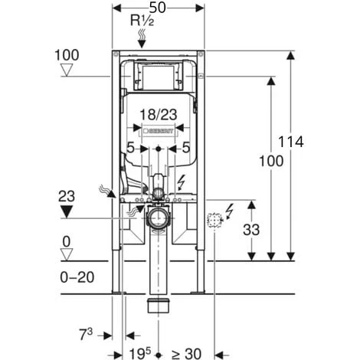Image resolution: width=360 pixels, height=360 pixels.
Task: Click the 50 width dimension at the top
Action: [158, 8]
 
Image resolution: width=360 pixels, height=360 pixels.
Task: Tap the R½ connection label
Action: [142, 21]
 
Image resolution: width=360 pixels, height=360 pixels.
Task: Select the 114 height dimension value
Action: [291, 142]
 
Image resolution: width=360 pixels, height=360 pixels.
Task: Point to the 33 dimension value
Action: [251, 230]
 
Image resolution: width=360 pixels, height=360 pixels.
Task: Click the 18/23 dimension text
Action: [159, 115]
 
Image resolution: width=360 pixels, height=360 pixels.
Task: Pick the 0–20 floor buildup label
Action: [77, 277]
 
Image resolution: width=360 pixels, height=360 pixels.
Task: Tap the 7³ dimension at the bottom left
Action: [86, 335]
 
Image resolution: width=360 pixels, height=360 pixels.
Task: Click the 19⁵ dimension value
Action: [140, 353]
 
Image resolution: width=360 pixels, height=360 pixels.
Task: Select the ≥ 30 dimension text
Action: [186, 354]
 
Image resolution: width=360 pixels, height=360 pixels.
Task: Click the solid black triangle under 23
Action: [67, 211]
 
